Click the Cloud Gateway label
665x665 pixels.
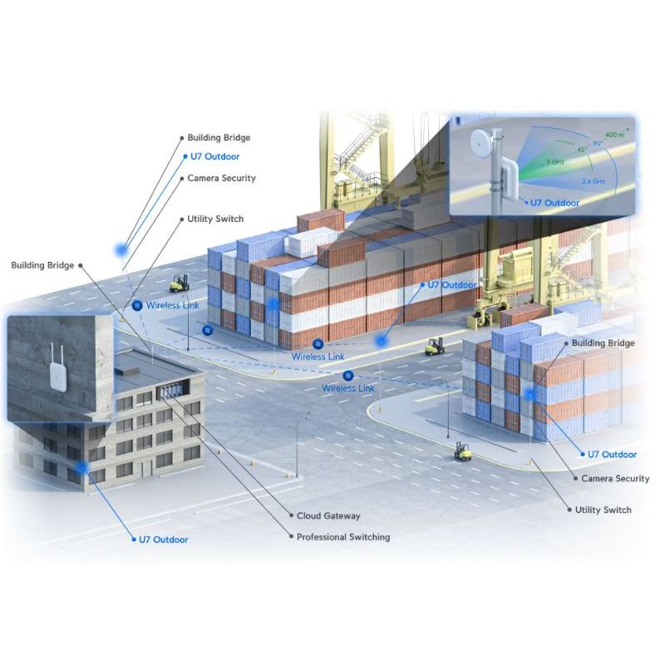(328, 516)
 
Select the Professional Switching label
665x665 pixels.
(343, 537)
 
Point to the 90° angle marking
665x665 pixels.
(598, 143)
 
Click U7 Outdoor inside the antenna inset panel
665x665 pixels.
(556, 202)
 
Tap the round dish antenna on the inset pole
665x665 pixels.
(481, 143)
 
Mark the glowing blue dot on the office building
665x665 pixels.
(81, 467)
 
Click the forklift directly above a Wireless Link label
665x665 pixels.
(179, 283)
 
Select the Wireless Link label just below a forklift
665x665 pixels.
(173, 306)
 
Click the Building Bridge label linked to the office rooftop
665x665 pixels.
(42, 265)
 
